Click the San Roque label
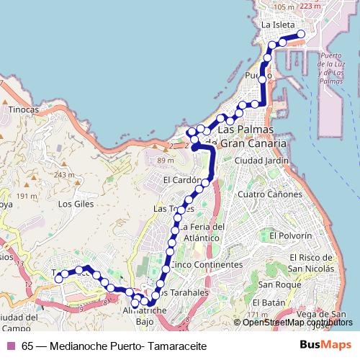pos(273,285)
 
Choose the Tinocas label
pos(24,110)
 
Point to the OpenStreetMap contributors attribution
pos(292,322)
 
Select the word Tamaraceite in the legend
pos(177,346)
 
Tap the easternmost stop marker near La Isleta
pos(301,35)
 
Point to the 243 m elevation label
pos(64,174)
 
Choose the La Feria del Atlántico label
pos(202,231)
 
